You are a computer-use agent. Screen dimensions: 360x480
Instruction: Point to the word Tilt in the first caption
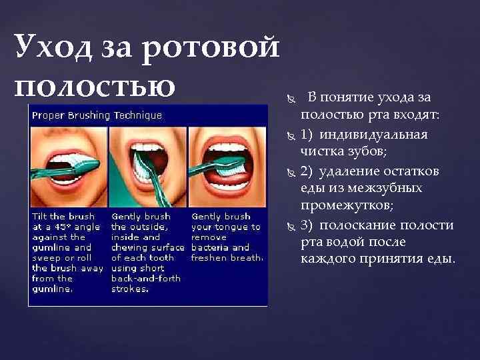click(x=41, y=217)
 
